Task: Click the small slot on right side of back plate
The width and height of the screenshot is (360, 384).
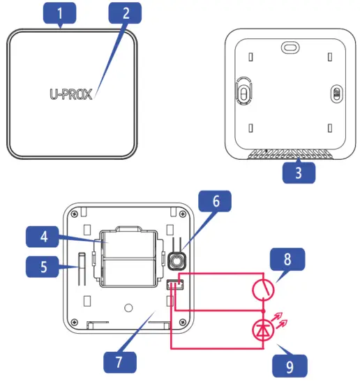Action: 335,94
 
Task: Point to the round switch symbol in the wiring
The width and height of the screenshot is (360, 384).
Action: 263,288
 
